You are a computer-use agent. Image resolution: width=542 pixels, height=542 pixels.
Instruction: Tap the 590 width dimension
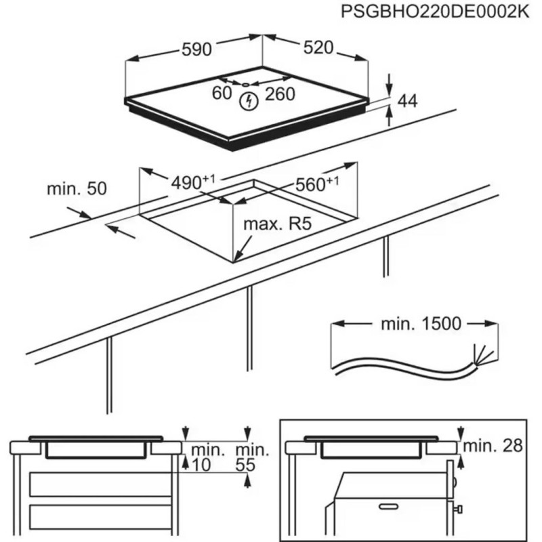tap(197, 48)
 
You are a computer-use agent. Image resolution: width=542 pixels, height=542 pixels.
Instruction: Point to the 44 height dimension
tap(406, 101)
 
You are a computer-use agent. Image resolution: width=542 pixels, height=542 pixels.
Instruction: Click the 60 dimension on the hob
tap(222, 94)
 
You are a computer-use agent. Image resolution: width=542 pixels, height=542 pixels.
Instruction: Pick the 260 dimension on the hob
tap(280, 94)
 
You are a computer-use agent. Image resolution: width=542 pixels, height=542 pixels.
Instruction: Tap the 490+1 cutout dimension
tap(192, 182)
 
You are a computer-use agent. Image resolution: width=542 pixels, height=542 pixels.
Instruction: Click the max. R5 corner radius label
tap(277, 224)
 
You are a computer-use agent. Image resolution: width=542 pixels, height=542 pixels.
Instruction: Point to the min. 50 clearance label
tap(77, 189)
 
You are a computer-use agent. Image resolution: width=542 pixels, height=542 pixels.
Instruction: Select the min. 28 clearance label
tap(496, 445)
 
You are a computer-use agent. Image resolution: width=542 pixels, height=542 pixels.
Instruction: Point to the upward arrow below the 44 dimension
tap(390, 117)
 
